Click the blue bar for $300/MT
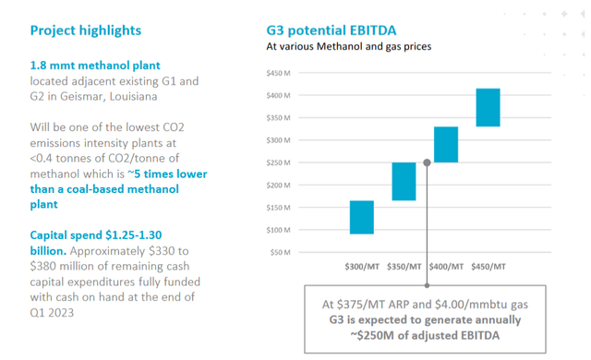(362, 217)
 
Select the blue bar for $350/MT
(404, 181)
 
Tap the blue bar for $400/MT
(446, 144)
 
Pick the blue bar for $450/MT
(488, 107)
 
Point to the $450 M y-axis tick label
(279, 73)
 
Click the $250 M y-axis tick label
(279, 162)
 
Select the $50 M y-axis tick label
(282, 252)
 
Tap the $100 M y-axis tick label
(279, 230)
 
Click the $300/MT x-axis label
(363, 266)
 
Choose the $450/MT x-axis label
(488, 266)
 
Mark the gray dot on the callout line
(427, 162)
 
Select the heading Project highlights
(86, 30)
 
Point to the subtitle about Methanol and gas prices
(348, 45)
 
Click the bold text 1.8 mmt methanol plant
(95, 66)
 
